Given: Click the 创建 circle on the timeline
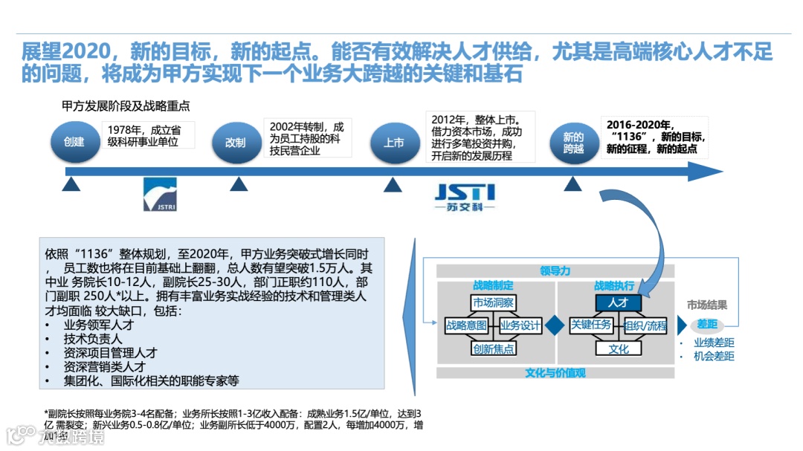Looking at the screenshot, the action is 74,141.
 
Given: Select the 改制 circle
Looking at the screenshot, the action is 235,142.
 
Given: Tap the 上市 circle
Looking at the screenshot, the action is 393,142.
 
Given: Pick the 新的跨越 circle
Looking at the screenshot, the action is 573,142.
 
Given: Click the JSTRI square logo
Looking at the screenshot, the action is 160,195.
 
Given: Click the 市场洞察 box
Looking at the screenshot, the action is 493,302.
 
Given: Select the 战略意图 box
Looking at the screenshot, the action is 466,325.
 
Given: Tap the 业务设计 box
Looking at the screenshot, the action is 520,325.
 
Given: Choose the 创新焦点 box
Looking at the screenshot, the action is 494,348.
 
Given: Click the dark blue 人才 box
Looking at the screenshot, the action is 618,302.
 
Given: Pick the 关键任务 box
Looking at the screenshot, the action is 591,325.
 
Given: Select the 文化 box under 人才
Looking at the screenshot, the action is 618,348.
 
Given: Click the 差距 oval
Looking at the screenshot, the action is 706,325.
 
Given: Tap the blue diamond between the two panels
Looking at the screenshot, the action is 554,325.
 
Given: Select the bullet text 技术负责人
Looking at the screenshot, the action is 93,338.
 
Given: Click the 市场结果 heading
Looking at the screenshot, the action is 706,305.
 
